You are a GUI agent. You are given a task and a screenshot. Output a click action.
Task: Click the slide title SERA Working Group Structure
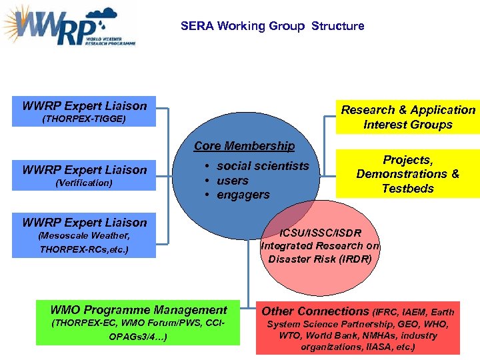(x=272, y=26)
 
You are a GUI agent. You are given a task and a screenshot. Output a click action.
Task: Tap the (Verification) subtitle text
(x=84, y=183)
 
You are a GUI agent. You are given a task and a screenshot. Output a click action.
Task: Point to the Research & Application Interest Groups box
(x=408, y=117)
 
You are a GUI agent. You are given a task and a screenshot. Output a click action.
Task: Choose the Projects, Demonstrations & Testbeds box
(x=408, y=174)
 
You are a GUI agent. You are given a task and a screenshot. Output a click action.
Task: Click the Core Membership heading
(x=244, y=146)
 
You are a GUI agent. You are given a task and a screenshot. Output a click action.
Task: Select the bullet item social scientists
(x=263, y=166)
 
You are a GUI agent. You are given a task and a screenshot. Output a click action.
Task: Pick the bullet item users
(x=232, y=181)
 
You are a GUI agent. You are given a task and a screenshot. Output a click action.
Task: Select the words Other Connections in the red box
(x=315, y=311)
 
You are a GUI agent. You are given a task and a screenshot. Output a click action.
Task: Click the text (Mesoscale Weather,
(x=84, y=236)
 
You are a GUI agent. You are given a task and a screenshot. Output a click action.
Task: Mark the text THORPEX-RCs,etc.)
(x=84, y=250)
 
